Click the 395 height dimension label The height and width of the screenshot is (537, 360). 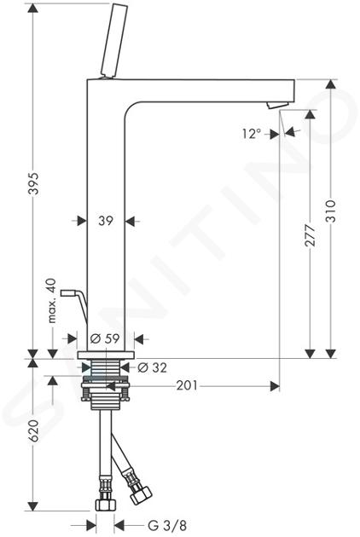pyautogui.click(x=33, y=183)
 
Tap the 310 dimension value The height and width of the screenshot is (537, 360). pyautogui.click(x=330, y=211)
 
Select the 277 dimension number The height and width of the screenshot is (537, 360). pyautogui.click(x=310, y=235)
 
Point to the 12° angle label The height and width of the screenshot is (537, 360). pyautogui.click(x=252, y=133)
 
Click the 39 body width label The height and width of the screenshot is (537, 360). pyautogui.click(x=106, y=221)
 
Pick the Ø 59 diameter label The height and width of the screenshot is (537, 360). pyautogui.click(x=105, y=338)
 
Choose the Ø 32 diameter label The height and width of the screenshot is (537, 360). pyautogui.click(x=152, y=367)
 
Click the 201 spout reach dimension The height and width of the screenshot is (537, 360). pyautogui.click(x=187, y=385)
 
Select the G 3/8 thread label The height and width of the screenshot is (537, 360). pyautogui.click(x=167, y=525)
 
